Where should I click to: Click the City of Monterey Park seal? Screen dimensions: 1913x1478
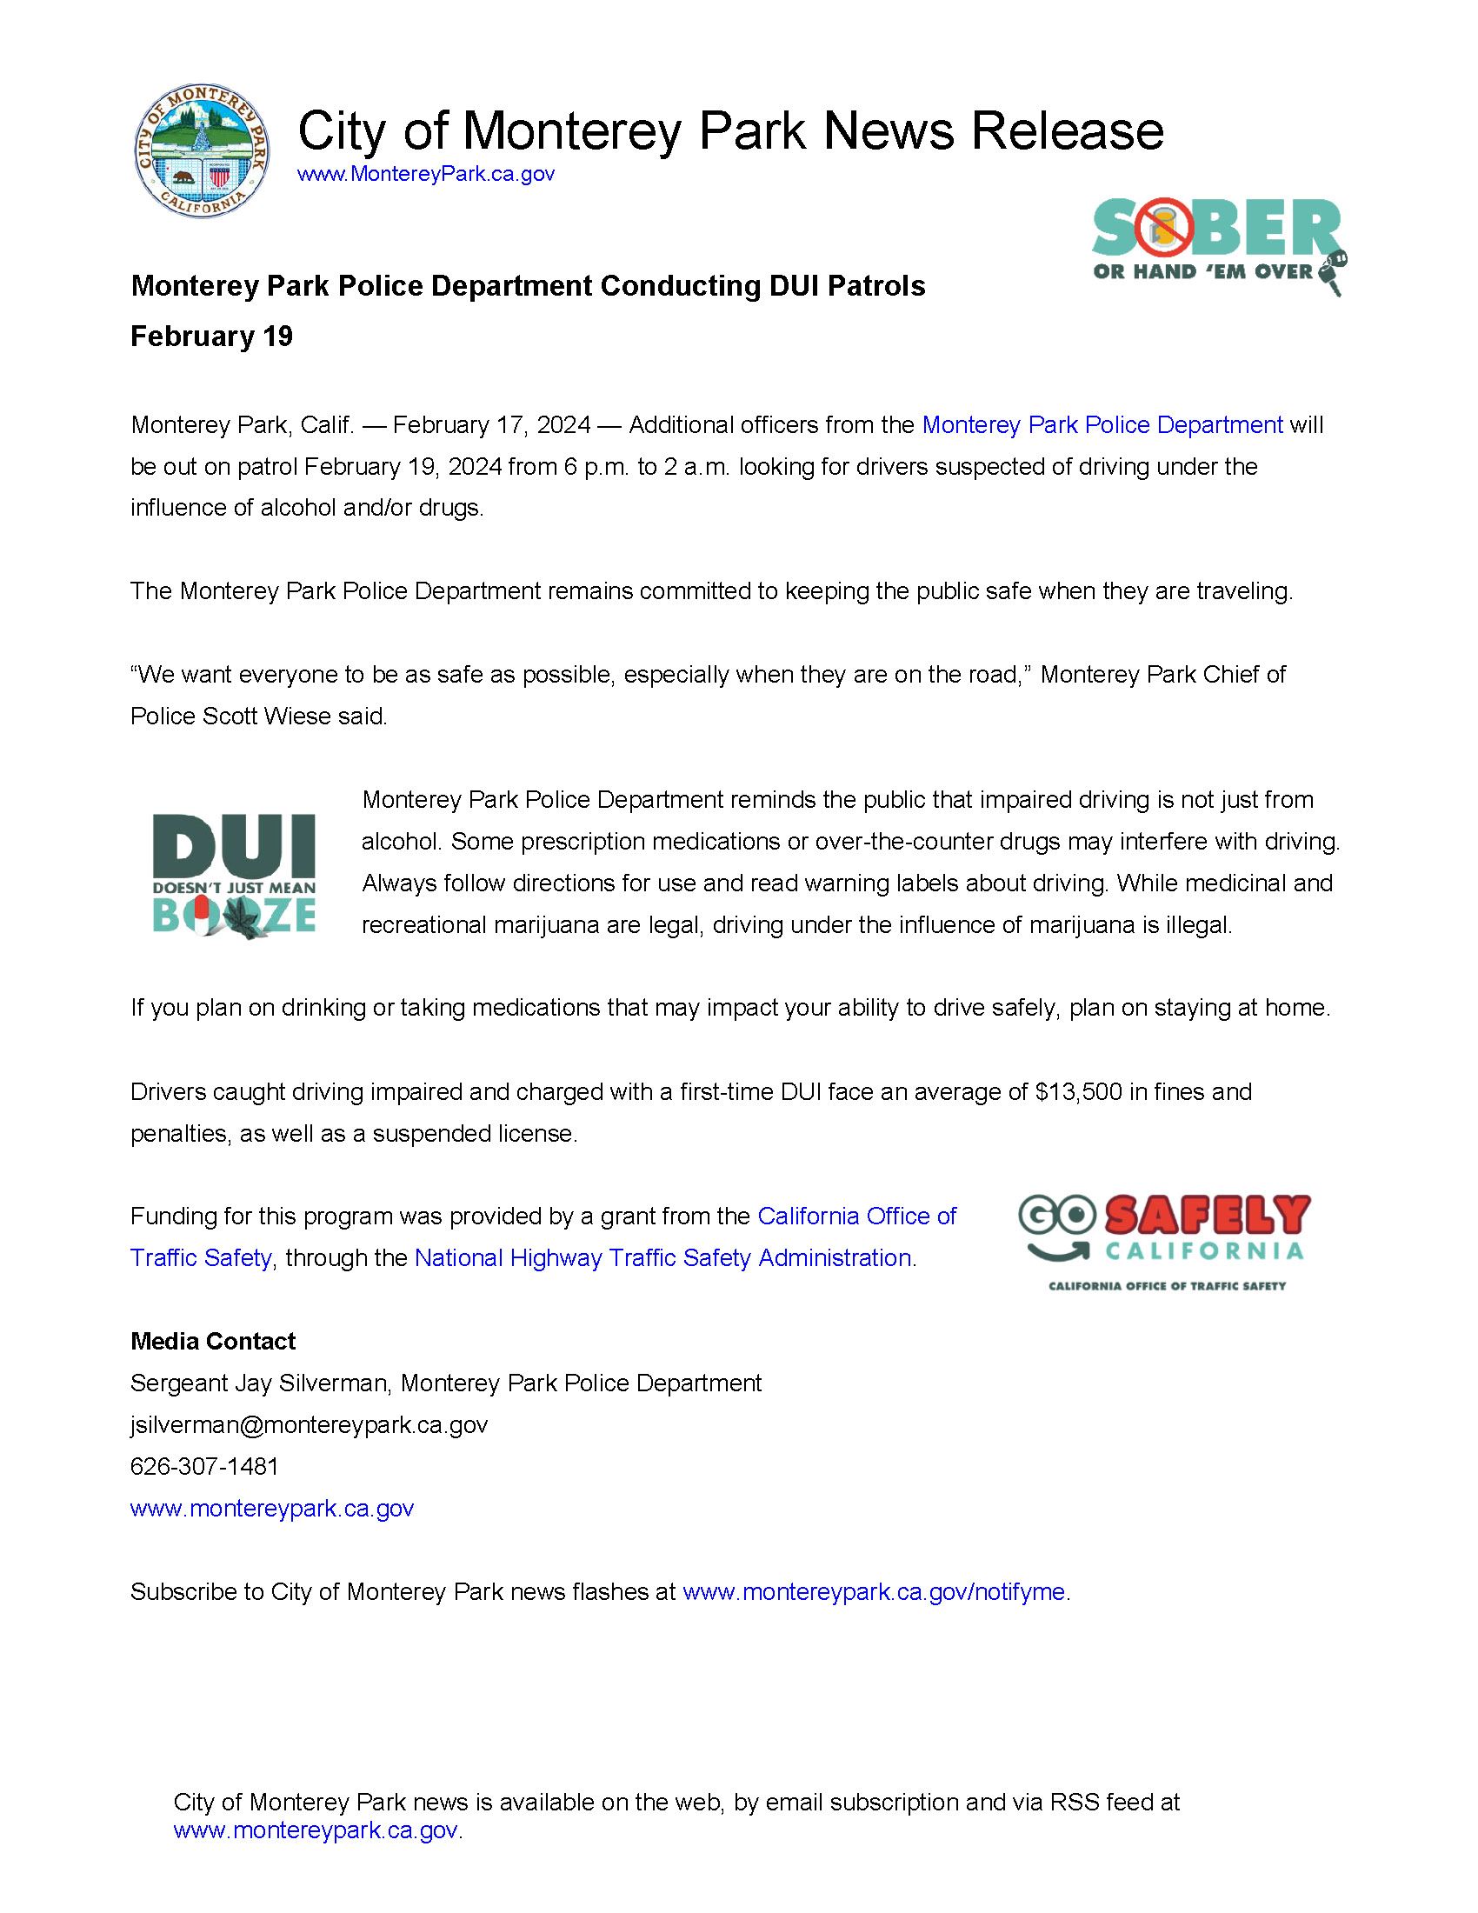[x=203, y=157]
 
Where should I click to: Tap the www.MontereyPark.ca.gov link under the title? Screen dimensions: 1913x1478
[x=425, y=174]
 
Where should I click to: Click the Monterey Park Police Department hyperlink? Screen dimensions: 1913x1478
[x=1102, y=426]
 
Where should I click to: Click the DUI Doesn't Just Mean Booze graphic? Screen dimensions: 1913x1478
[x=234, y=874]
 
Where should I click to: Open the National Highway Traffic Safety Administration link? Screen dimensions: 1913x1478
[x=662, y=1259]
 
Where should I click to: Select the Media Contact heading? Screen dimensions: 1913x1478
[x=213, y=1341]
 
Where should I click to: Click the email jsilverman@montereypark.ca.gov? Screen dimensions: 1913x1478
[x=310, y=1425]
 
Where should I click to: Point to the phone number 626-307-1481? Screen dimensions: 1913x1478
[x=204, y=1466]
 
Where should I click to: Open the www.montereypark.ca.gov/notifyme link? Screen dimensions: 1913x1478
[x=873, y=1592]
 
